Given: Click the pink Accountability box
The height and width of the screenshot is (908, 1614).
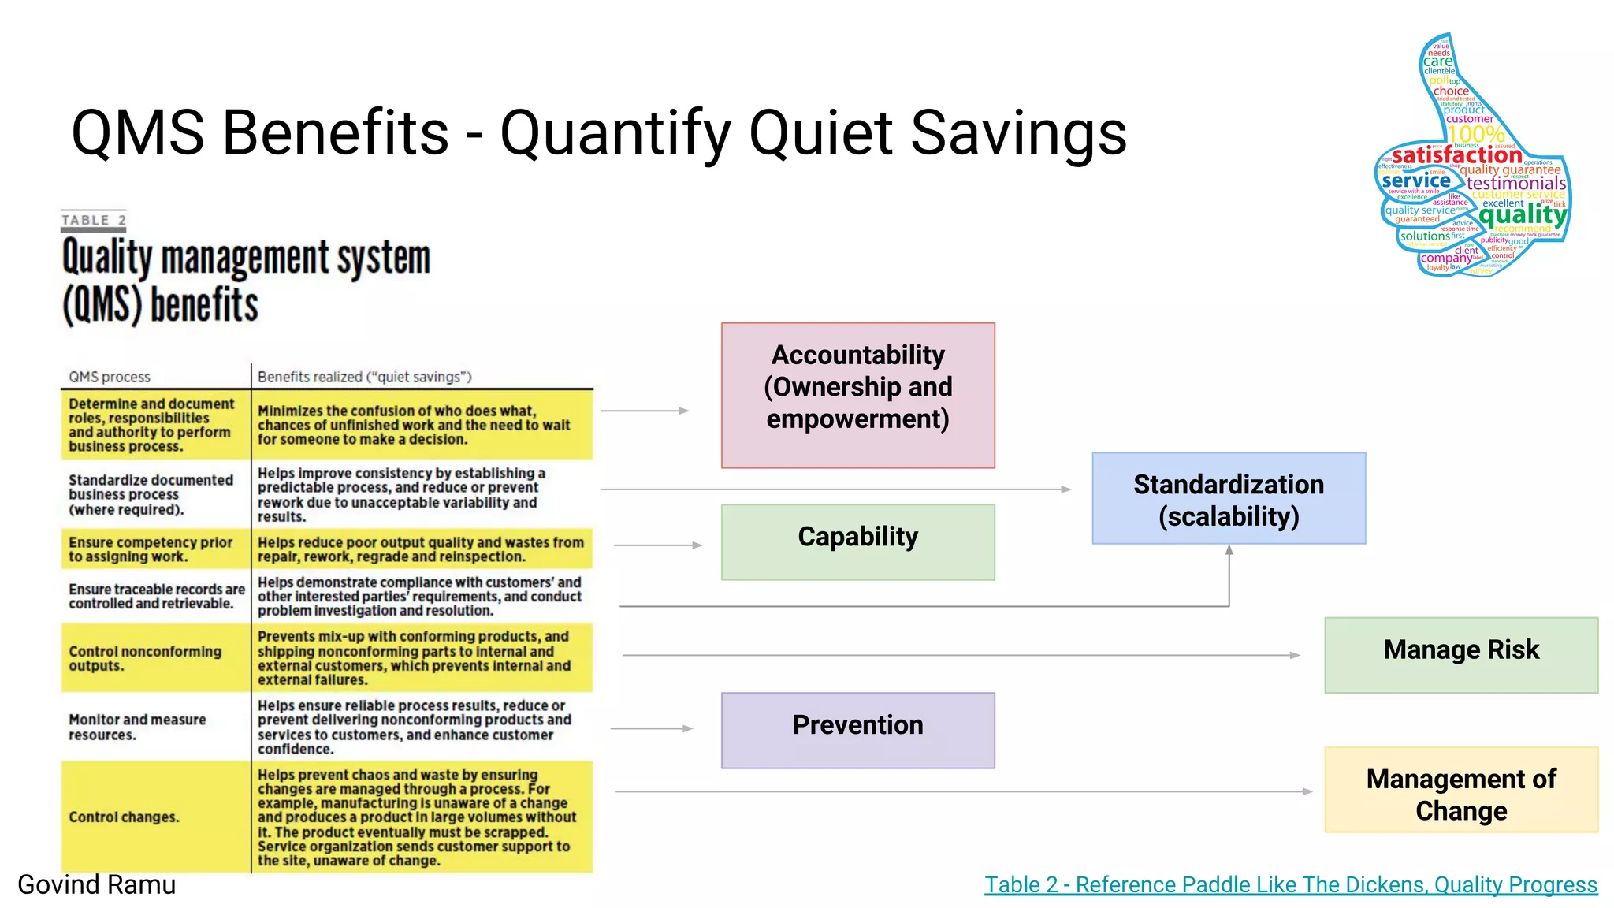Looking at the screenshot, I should [x=857, y=395].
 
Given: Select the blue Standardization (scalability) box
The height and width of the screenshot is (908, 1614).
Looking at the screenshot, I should [x=1228, y=498].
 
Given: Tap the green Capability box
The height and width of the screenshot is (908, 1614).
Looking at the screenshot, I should [x=857, y=542].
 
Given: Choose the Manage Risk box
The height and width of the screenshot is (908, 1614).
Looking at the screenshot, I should [x=1460, y=654].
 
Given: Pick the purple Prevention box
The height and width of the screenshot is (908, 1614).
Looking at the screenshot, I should [x=857, y=730].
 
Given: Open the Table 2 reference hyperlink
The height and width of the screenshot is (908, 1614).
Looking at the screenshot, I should [x=1290, y=884].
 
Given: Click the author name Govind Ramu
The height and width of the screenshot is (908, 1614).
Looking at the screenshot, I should [x=96, y=884].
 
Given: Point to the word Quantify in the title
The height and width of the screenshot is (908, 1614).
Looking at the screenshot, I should [x=617, y=132].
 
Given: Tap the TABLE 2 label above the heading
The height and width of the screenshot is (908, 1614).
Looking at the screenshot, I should [x=93, y=220].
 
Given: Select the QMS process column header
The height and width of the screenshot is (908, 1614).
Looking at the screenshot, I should [x=109, y=377].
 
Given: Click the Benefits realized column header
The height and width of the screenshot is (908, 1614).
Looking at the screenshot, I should [x=364, y=377].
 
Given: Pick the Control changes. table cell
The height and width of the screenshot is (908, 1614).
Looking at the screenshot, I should [x=124, y=817].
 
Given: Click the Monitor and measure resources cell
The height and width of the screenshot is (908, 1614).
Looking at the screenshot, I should [x=137, y=727].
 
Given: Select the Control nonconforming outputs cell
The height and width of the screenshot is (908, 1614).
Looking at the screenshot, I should [x=145, y=658].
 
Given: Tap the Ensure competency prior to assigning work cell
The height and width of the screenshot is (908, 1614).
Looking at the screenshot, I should [x=150, y=549].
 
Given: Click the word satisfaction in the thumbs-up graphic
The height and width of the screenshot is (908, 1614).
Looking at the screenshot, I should [x=1456, y=155].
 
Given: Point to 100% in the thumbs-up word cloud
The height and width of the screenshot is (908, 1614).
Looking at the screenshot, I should [x=1475, y=135].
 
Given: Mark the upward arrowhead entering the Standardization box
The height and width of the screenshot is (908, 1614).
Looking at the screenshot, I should [x=1229, y=550].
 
